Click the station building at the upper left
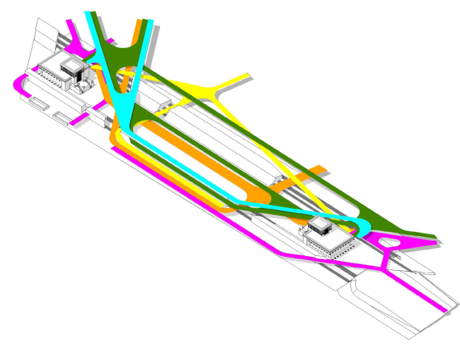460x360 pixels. (x=62, y=72)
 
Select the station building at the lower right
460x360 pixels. (x=328, y=238)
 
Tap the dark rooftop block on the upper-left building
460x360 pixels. (x=73, y=69)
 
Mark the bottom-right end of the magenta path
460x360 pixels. (x=443, y=309)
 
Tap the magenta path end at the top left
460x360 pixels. (x=69, y=23)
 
